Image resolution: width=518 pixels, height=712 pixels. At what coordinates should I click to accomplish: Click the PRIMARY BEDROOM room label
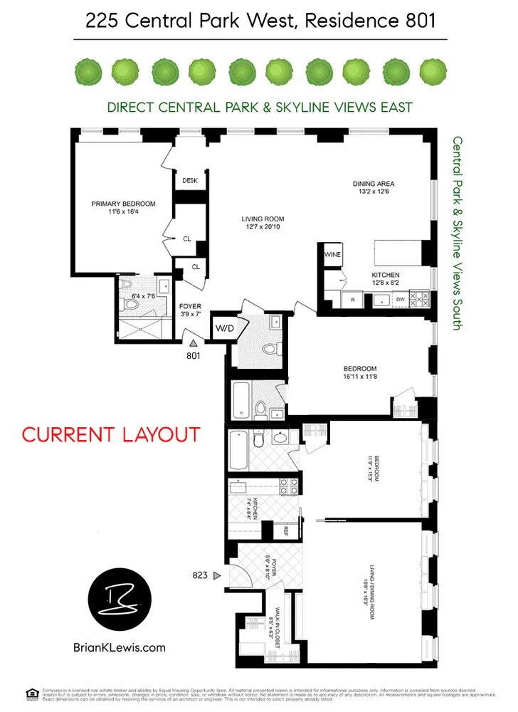pos(123,204)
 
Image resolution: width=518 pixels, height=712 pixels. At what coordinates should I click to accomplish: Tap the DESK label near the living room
pos(189,181)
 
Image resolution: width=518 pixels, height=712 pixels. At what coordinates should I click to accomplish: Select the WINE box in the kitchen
pos(333,254)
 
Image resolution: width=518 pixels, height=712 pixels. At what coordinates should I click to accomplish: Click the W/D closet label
pos(222,328)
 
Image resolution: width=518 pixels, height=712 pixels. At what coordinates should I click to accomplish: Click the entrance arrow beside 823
pos(218,575)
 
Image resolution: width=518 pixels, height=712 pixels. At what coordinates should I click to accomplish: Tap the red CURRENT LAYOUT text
pos(111,434)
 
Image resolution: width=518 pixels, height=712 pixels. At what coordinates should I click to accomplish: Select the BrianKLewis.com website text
pos(119,647)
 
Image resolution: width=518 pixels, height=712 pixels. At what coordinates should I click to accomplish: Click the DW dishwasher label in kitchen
pos(400,300)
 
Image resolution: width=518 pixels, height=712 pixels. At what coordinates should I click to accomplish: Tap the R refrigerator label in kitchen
pos(353,300)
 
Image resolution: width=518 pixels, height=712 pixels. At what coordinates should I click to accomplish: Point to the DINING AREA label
pos(374,184)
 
